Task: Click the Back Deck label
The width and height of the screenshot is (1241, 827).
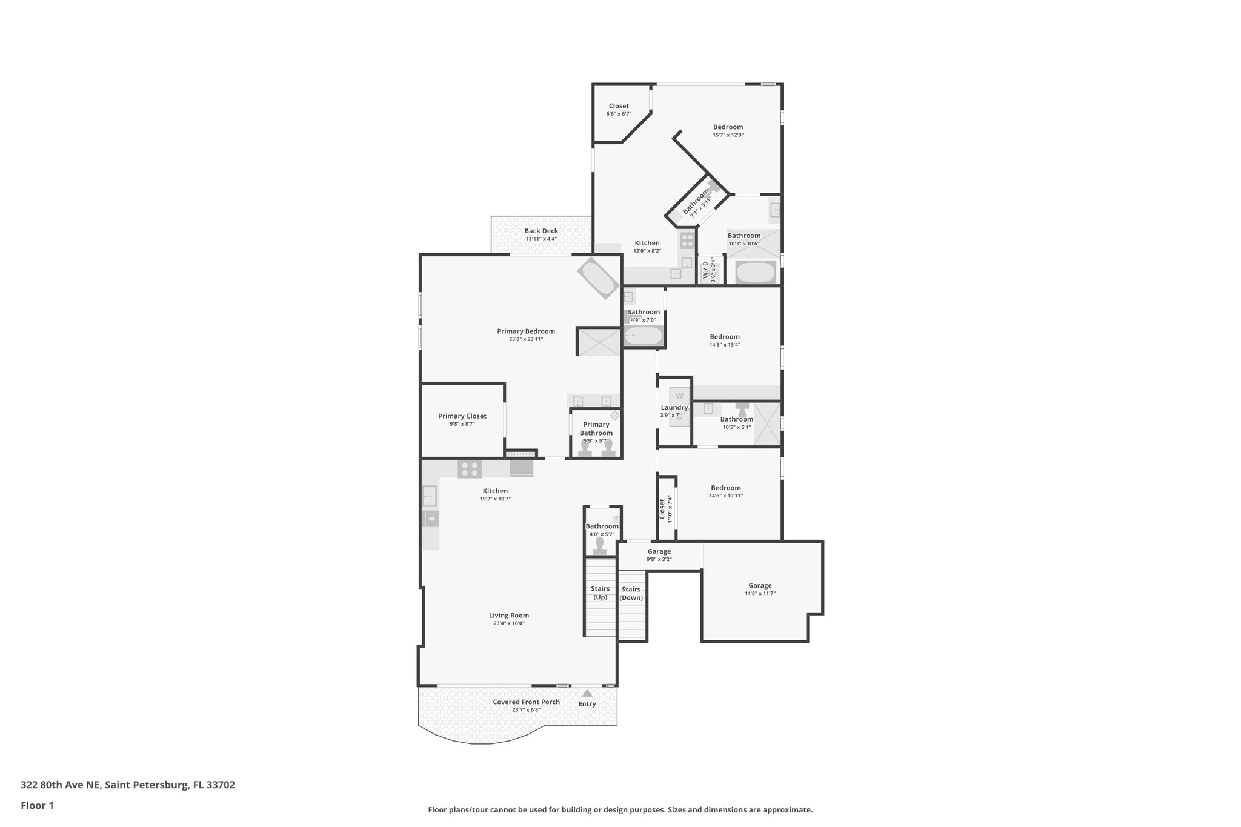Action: tap(541, 231)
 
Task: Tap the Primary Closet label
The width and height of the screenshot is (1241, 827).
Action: tap(462, 416)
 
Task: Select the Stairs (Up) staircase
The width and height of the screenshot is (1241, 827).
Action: tap(600, 597)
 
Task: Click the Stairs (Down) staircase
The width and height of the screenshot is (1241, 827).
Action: tap(631, 606)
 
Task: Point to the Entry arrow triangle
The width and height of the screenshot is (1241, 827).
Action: tap(587, 693)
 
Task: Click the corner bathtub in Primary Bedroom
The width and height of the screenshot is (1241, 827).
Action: tap(598, 278)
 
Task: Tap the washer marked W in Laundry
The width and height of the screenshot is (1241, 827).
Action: tap(679, 396)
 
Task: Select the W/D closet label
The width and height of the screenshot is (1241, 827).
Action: tap(706, 270)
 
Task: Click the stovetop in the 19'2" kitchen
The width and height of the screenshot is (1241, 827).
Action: tap(470, 469)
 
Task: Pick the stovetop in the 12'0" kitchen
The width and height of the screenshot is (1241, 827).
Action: tap(687, 240)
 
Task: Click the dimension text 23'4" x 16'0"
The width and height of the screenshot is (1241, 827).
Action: tap(509, 623)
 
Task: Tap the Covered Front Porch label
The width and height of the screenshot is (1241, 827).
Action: tap(526, 702)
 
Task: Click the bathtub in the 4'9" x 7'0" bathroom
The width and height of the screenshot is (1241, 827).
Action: tap(643, 335)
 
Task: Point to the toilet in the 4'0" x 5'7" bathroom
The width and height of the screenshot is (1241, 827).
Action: tap(600, 545)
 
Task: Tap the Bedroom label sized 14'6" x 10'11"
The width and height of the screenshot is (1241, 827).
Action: tap(726, 488)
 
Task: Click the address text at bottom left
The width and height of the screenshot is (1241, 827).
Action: tap(128, 785)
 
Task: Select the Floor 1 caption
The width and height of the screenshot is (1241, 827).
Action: tap(38, 806)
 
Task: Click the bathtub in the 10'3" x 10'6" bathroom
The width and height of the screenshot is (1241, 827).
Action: tap(755, 272)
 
